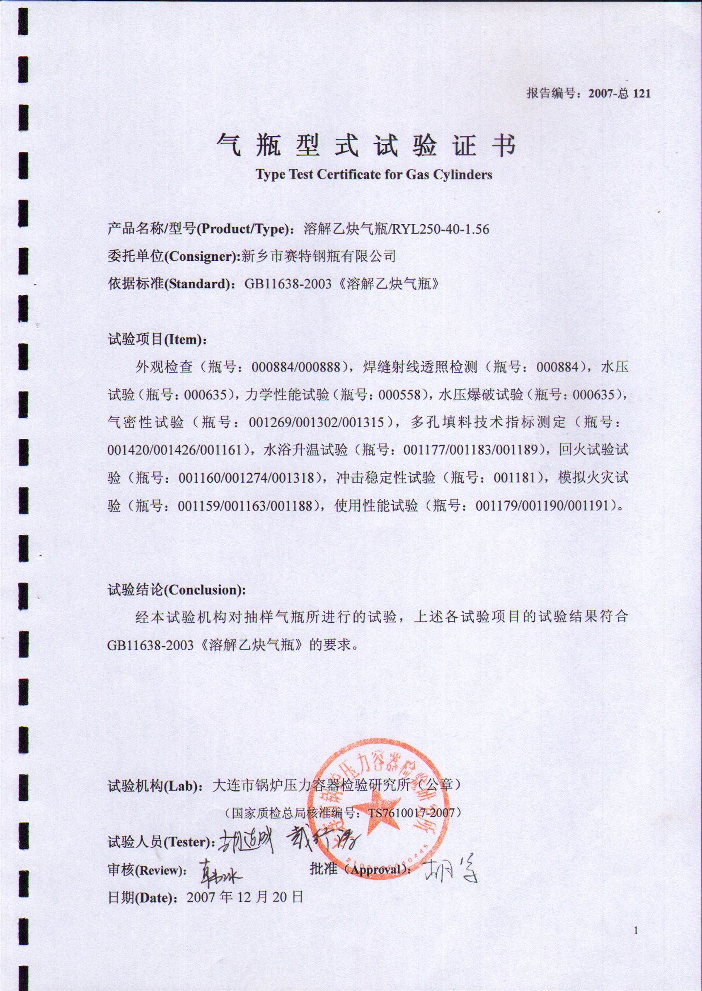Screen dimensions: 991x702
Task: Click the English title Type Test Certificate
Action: click(374, 174)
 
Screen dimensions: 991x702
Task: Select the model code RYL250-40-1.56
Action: click(441, 228)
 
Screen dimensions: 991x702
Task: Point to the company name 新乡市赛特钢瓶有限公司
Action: click(318, 257)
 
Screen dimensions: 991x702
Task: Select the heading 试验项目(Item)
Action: click(158, 340)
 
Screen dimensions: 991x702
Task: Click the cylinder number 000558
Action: click(400, 395)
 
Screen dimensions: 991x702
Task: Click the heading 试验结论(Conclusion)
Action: click(177, 590)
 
